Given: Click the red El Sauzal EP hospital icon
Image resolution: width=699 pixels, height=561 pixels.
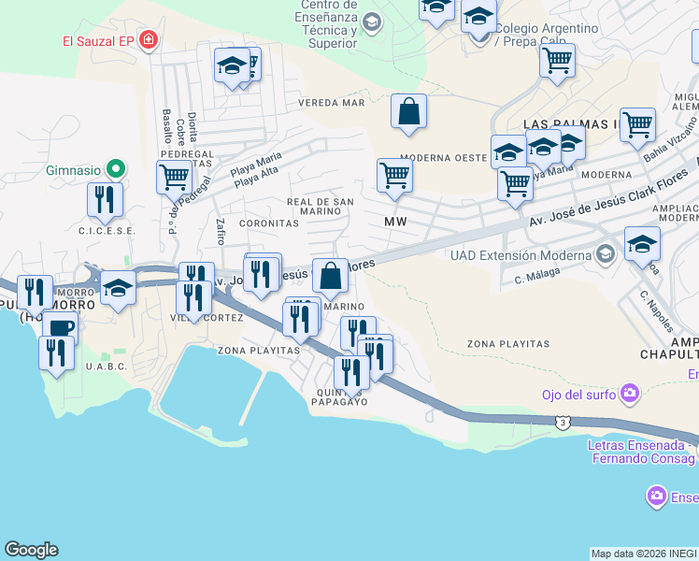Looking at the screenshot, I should click(148, 40).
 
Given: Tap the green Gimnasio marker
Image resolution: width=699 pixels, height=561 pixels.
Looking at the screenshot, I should click(115, 170).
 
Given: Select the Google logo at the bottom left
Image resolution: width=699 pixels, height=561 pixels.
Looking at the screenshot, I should click(31, 550).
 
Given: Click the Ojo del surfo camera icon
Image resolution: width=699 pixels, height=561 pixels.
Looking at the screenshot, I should click(631, 394).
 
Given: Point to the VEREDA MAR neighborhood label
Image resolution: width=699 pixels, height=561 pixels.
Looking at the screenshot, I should click(331, 103).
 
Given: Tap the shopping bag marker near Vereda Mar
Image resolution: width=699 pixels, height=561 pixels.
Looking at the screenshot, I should click(408, 111).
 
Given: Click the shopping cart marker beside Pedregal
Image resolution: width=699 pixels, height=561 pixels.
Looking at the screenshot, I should click(175, 176).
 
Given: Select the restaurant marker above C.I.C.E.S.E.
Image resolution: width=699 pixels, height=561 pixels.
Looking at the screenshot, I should click(105, 198).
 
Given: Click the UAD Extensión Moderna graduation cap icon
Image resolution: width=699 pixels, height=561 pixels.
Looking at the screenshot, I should click(606, 254).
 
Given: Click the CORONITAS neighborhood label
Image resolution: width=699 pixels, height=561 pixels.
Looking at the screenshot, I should click(269, 224).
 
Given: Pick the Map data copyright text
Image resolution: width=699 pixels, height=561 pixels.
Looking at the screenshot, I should click(644, 554).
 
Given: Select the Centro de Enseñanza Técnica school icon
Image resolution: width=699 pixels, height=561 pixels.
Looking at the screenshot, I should click(372, 22).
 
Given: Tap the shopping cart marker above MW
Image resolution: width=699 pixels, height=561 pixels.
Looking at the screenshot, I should click(394, 174).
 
